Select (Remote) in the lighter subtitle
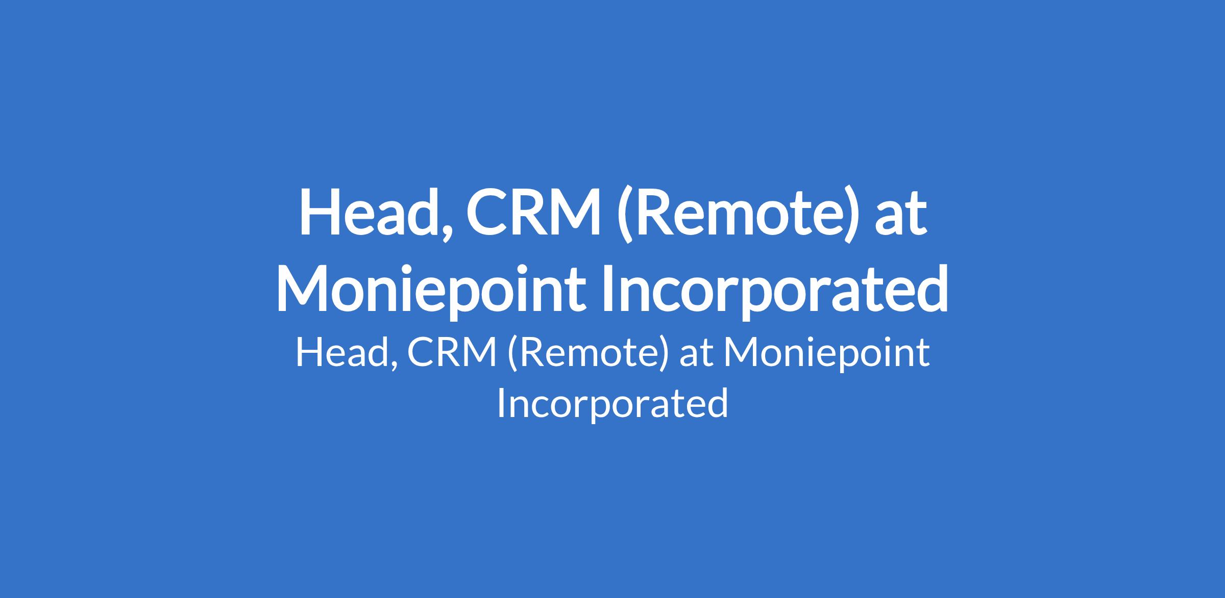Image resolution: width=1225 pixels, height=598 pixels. pos(587,355)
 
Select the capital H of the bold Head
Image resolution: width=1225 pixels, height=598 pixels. pos(318,214)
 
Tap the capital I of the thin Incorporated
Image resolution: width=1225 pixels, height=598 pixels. pos(501,403)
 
